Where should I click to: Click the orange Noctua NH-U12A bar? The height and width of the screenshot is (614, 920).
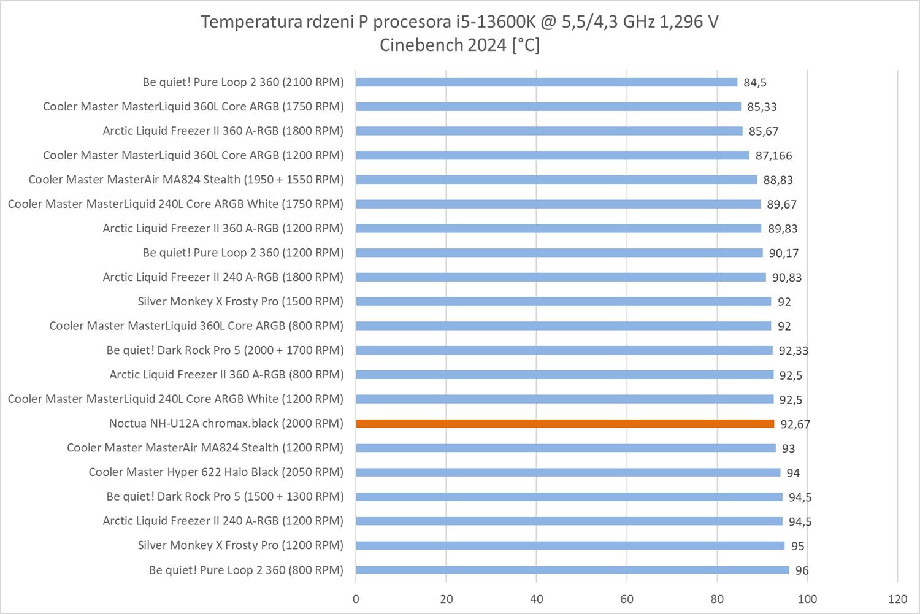564,423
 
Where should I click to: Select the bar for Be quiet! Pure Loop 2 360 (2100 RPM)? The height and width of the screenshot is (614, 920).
546,82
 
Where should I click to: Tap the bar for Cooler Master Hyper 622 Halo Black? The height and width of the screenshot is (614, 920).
567,472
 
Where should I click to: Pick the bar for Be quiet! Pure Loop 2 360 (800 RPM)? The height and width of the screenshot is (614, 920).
572,570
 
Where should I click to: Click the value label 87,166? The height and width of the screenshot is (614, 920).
773,156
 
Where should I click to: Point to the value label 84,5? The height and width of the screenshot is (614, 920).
755,83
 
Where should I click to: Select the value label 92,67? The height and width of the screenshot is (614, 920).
795,424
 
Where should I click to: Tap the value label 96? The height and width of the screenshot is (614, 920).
802,570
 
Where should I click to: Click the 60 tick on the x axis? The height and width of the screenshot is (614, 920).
627,599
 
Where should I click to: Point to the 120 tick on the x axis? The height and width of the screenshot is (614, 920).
897,599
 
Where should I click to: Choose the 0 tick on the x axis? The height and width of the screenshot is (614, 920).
356,599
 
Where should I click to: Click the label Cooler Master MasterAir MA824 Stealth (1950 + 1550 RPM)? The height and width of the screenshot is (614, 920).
186,180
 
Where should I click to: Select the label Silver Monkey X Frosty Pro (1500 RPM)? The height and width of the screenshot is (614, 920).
240,301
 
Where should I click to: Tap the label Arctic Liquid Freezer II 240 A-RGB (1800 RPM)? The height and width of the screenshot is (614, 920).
223,277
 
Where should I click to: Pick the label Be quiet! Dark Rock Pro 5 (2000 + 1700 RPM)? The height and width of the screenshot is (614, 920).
224,350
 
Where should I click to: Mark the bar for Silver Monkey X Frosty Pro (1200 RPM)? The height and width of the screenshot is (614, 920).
570,545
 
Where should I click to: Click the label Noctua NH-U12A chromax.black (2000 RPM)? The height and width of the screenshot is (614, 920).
226,423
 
